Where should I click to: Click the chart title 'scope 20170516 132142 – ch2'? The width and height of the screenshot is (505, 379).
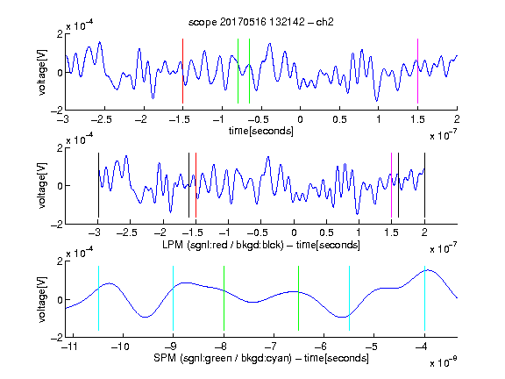[261, 22]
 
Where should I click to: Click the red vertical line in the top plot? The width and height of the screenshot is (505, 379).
[182, 71]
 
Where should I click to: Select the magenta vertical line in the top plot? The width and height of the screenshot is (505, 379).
[417, 71]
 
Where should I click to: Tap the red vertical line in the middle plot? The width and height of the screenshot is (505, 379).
[196, 185]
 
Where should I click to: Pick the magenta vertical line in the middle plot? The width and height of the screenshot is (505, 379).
[391, 185]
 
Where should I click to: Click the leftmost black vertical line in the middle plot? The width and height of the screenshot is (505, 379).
[98, 185]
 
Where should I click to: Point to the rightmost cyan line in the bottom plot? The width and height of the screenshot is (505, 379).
[424, 298]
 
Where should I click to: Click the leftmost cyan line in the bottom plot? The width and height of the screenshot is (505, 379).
[98, 298]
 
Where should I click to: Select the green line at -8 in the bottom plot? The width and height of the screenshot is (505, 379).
[224, 298]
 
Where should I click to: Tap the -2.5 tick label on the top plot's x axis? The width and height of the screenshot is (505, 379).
[101, 119]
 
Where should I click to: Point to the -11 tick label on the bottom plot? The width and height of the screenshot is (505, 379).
[71, 347]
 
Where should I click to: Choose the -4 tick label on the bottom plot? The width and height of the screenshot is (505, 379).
[422, 347]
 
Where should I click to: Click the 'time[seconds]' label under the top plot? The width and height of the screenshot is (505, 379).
[261, 131]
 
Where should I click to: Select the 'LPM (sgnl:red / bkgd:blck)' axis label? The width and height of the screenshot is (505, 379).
[223, 245]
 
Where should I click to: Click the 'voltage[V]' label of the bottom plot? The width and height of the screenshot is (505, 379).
[42, 299]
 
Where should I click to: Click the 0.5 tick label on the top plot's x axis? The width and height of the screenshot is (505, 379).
[339, 119]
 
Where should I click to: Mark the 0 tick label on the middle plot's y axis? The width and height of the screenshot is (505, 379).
[60, 186]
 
